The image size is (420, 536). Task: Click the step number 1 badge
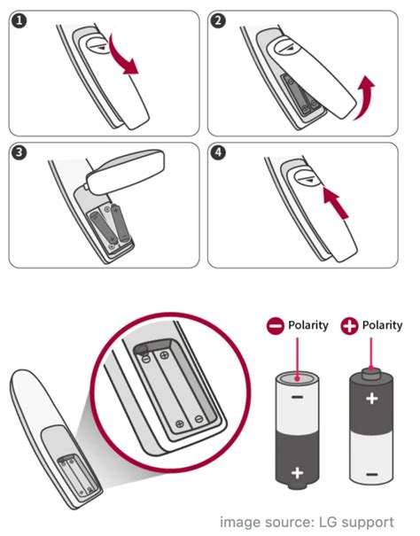[x=19, y=21]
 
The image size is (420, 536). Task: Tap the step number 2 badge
[x=219, y=21]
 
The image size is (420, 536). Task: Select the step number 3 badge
[x=19, y=152]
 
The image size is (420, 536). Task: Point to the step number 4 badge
[x=219, y=152]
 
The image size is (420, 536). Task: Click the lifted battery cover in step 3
[x=125, y=171]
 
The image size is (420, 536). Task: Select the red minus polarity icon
[x=276, y=326]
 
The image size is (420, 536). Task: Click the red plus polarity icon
[x=349, y=326]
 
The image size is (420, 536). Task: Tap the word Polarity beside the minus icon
[x=308, y=325]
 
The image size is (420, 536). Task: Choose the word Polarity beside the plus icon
[x=383, y=325]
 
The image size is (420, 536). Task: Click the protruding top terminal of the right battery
[x=371, y=373]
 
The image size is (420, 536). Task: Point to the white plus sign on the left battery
[x=297, y=473]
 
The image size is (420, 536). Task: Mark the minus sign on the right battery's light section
[x=372, y=474]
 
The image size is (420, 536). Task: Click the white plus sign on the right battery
[x=372, y=399]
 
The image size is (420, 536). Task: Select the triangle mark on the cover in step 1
[x=100, y=48]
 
